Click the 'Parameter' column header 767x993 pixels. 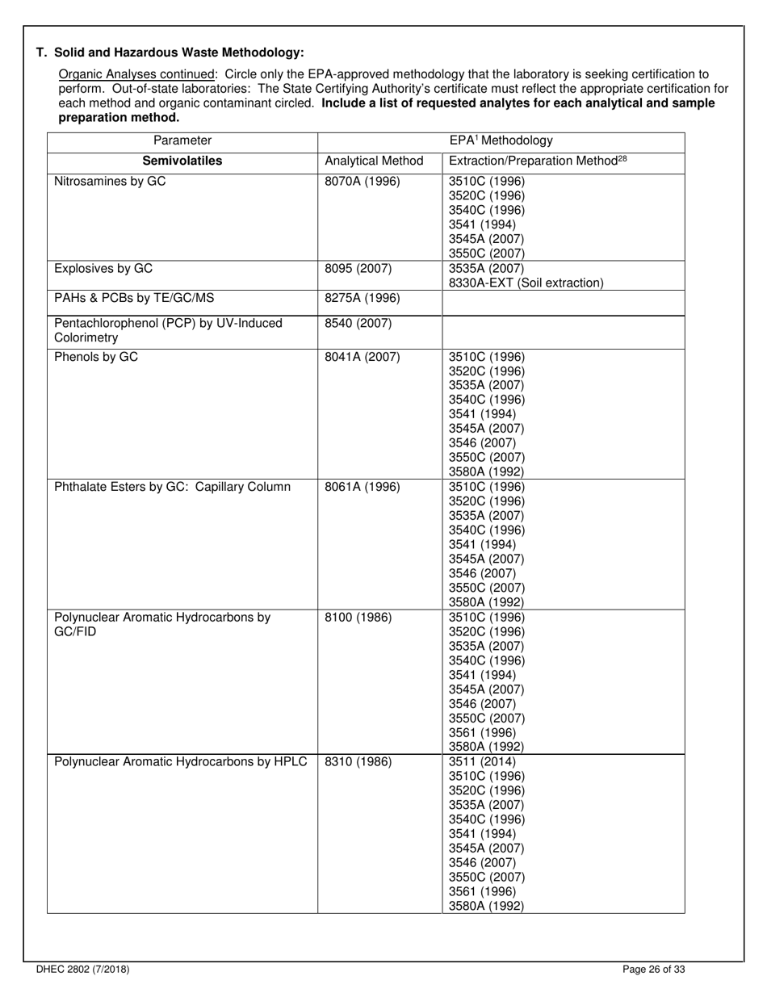(182, 140)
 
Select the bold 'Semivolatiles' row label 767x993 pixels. (182, 161)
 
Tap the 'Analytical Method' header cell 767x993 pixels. (374, 161)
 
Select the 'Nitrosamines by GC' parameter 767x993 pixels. (110, 182)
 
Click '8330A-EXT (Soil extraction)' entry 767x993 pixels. (526, 283)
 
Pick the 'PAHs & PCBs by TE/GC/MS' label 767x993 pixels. (134, 298)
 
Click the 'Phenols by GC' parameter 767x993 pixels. (96, 356)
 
